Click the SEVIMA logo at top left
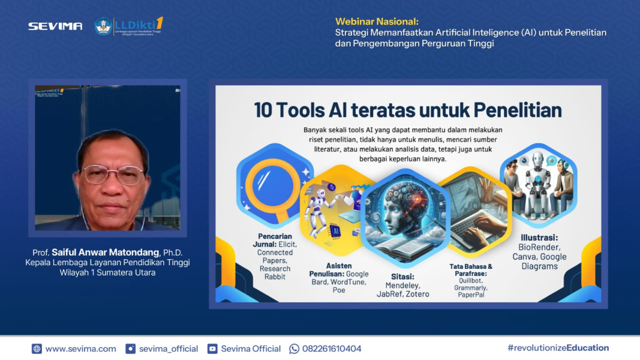(55, 26)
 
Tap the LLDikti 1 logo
(129, 26)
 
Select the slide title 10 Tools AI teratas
(408, 110)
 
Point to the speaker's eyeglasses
(113, 175)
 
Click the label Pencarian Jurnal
(276, 241)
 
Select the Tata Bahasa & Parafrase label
(471, 269)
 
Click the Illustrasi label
(539, 238)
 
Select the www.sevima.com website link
(80, 349)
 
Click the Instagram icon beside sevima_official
(130, 349)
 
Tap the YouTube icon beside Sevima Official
(212, 349)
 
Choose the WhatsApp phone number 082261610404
(331, 349)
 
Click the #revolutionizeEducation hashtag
(558, 348)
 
